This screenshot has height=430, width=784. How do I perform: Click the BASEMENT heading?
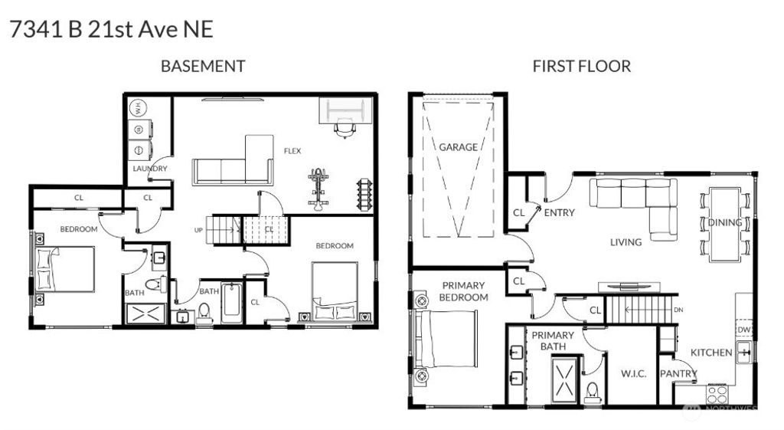(202, 67)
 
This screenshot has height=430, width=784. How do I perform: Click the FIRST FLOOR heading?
(581, 67)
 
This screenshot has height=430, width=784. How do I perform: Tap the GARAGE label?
(458, 146)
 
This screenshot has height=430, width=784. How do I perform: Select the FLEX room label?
(292, 150)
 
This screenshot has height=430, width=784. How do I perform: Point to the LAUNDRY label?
(149, 169)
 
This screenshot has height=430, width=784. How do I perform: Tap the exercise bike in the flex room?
(318, 188)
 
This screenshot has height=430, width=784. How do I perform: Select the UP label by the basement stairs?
(198, 230)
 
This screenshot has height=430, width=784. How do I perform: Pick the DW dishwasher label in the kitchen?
(743, 330)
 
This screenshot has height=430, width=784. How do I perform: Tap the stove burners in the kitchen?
(717, 394)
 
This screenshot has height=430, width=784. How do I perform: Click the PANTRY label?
(678, 374)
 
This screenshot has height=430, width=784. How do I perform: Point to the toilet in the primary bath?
(592, 393)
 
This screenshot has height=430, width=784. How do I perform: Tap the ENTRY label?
(559, 212)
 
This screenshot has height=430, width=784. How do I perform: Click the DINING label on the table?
(724, 223)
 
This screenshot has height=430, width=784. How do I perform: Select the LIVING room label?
(626, 242)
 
